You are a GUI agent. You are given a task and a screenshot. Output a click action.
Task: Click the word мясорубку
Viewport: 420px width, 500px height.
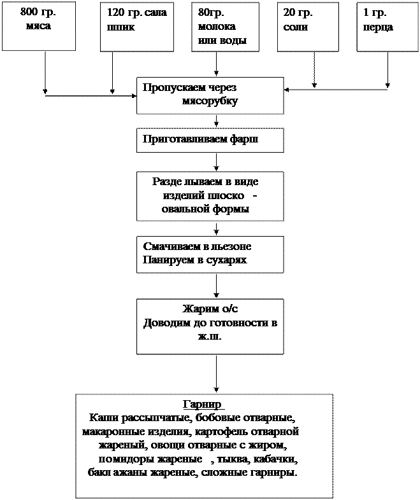point(210,101)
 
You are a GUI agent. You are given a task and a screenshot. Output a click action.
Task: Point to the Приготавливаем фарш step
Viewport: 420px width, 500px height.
point(200,139)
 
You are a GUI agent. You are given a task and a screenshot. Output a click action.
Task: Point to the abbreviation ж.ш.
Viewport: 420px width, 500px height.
point(210,336)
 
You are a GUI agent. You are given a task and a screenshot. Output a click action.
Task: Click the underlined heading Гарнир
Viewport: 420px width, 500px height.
point(202,405)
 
